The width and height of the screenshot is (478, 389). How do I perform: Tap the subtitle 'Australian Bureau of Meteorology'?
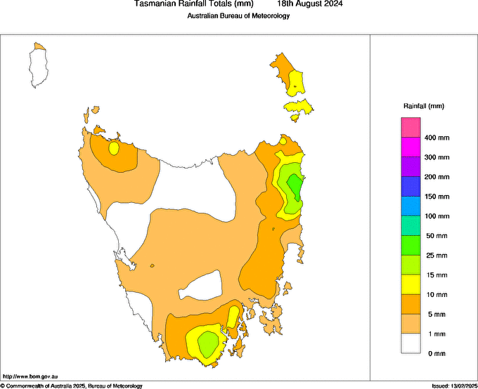[x=238, y=15]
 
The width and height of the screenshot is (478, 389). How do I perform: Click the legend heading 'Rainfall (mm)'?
[x=423, y=106]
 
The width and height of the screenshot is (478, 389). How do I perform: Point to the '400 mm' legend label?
[x=437, y=138]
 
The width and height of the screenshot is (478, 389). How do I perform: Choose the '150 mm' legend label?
[x=437, y=197]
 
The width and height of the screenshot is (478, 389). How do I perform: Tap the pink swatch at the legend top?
[x=411, y=128]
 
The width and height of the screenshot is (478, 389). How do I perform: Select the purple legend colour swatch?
[x=411, y=167]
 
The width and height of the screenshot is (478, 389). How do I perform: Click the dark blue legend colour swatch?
[x=411, y=187]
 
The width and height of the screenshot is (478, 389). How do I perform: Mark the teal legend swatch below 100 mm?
[x=411, y=226]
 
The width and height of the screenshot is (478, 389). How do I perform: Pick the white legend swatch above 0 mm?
[x=411, y=343]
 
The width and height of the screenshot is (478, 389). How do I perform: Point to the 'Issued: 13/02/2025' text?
[x=454, y=385]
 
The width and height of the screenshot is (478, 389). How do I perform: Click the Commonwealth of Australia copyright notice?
[x=72, y=385]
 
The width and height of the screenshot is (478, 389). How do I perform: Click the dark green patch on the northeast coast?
[x=296, y=187]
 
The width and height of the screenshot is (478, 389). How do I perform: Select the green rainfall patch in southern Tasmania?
[x=207, y=343]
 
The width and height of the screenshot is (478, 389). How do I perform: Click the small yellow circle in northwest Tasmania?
[x=114, y=148]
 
